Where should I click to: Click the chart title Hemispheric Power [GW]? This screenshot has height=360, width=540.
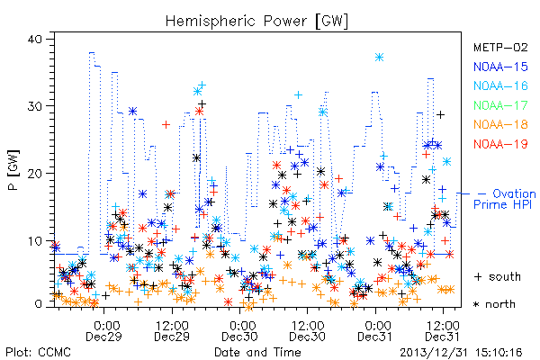coord(256,21)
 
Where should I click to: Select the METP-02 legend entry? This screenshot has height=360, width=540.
coord(500,47)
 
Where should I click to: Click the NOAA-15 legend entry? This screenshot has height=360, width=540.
coord(500,67)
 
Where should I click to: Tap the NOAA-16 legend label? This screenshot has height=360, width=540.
coord(500,85)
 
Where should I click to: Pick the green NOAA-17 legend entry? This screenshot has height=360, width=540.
coord(500,105)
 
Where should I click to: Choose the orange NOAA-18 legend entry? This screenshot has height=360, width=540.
coord(500,124)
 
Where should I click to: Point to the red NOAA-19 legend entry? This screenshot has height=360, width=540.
coord(500,144)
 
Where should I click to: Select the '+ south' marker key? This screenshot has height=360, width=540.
coord(498,276)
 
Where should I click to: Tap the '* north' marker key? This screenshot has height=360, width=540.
coord(494,304)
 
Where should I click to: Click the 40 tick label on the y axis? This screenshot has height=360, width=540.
coord(35,39)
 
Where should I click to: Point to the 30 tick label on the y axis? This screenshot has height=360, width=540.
coord(35,106)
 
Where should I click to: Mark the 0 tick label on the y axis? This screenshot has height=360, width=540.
coord(39,304)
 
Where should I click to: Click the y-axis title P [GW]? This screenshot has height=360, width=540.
coord(14,169)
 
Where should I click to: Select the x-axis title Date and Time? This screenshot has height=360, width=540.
coord(257,352)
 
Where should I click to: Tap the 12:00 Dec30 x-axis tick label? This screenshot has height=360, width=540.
coord(308,331)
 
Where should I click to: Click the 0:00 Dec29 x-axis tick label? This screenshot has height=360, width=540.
coord(104,331)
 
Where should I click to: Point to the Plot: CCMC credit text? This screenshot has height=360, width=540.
coord(38,352)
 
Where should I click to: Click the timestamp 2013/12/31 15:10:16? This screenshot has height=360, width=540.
coord(461,353)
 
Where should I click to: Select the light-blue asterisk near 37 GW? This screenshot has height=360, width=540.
coord(379,58)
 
